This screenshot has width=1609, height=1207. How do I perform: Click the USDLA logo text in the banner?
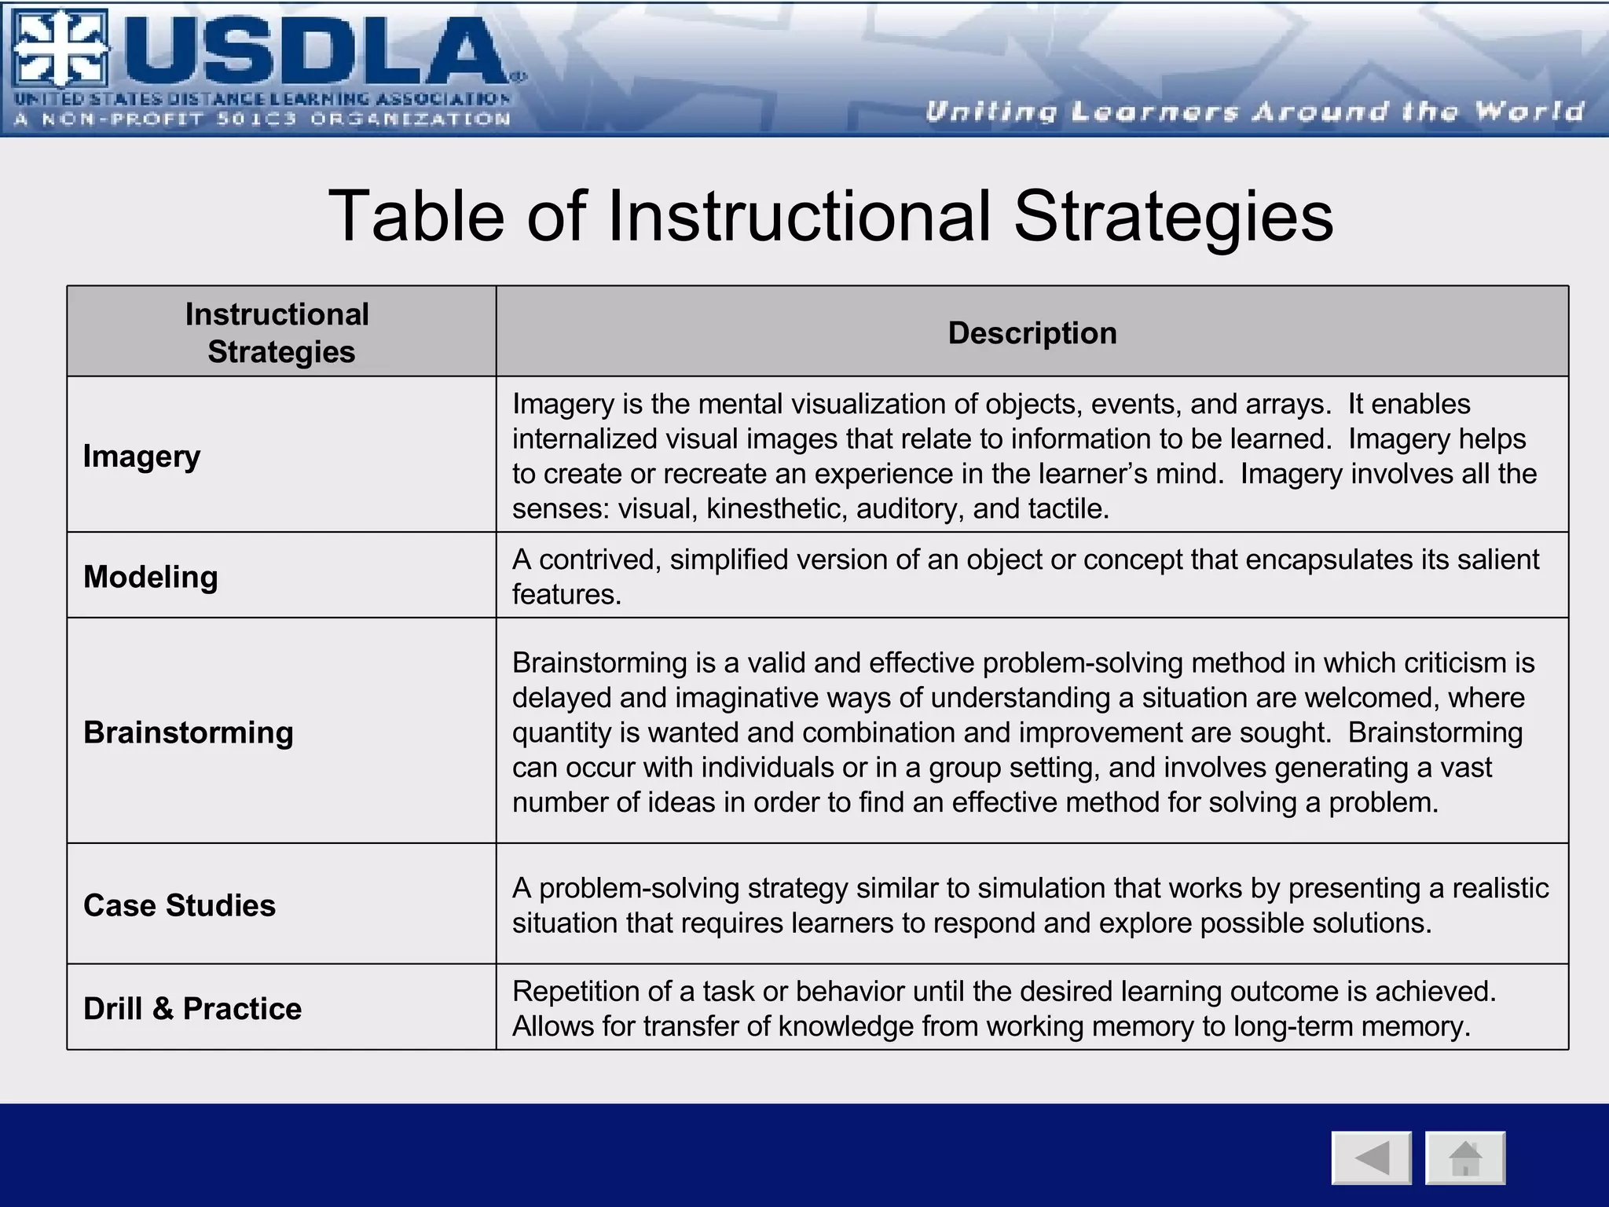(x=314, y=52)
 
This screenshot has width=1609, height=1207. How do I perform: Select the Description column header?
(x=1032, y=333)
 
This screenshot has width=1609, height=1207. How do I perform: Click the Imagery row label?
(x=141, y=457)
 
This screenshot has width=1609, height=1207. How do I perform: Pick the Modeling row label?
(x=150, y=577)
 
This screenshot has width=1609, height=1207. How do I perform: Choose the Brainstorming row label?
(x=188, y=732)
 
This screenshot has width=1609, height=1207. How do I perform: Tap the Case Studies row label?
(x=179, y=905)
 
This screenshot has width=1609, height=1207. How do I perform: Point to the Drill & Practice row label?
(x=192, y=1009)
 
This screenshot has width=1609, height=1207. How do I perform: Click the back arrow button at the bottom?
(x=1371, y=1157)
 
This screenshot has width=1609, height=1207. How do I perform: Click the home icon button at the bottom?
(x=1465, y=1157)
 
